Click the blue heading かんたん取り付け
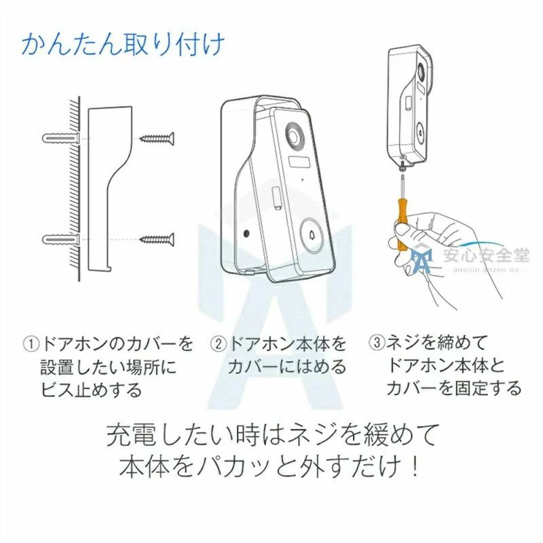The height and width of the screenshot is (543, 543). (x=123, y=45)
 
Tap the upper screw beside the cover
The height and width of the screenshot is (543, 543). (x=157, y=139)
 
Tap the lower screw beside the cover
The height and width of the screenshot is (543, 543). (x=157, y=239)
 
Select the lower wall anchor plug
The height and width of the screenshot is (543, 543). (x=61, y=239)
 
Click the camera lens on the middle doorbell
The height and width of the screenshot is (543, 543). (x=295, y=135)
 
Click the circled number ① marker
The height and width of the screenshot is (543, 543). (x=31, y=344)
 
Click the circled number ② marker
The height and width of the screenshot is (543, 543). (x=218, y=344)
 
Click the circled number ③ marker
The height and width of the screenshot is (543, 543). (x=377, y=343)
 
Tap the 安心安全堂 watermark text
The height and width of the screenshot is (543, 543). (x=486, y=255)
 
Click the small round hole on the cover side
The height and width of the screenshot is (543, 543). (x=246, y=233)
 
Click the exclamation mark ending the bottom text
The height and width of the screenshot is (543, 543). (x=415, y=466)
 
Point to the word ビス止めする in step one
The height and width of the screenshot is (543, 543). (x=92, y=389)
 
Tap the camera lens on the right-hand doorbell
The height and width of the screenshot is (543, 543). (x=421, y=72)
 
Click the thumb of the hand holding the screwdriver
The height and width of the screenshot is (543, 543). (x=405, y=230)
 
